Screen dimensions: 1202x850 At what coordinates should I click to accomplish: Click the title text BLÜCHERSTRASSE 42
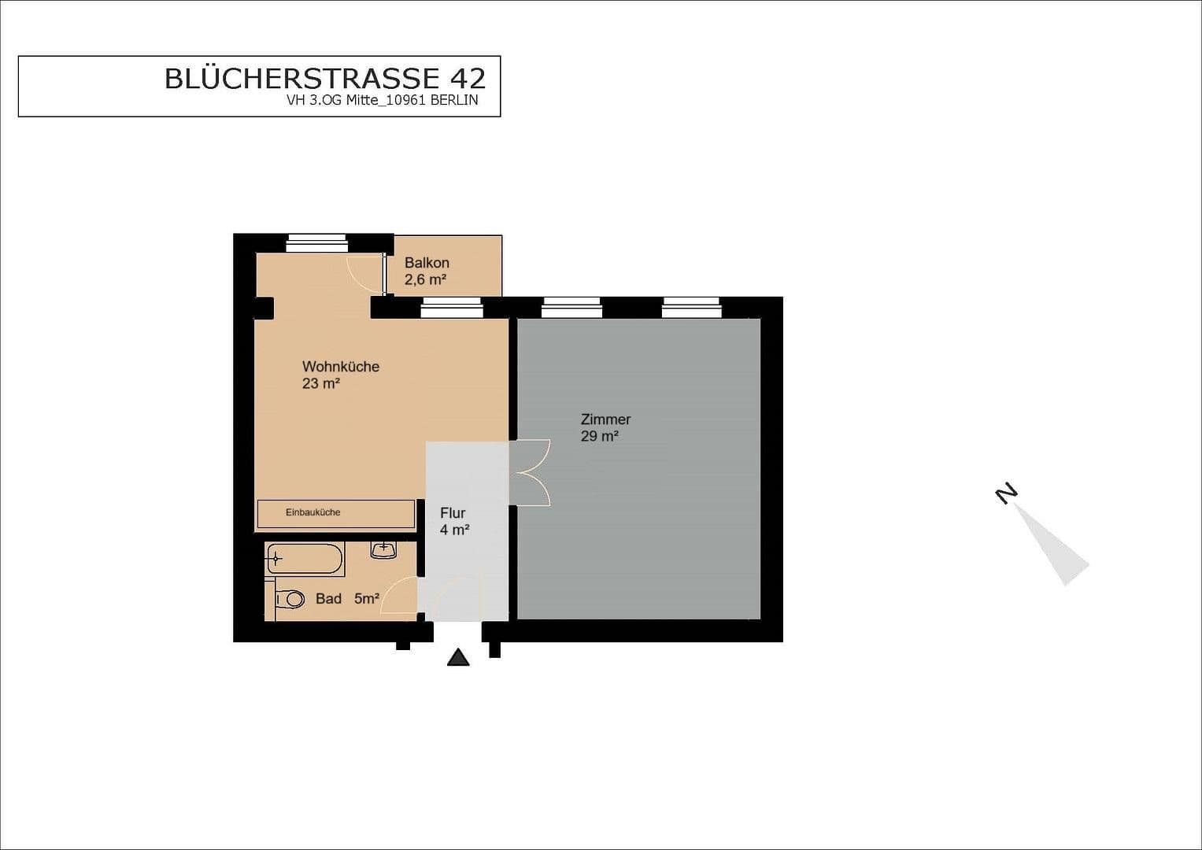[x=325, y=79]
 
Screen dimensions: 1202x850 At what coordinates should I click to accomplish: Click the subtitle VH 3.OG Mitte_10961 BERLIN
[x=382, y=101]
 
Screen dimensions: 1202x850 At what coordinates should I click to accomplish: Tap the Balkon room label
[x=427, y=263]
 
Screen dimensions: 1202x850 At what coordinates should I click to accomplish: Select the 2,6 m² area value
[x=426, y=279]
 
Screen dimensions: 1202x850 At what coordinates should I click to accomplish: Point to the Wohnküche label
[x=341, y=367]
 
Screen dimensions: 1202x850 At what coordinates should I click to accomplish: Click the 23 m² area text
[x=321, y=384]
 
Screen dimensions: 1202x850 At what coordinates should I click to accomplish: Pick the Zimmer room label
[x=605, y=419]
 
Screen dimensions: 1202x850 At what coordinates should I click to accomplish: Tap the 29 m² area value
[x=599, y=436]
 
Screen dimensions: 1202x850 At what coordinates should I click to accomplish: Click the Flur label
[x=453, y=513]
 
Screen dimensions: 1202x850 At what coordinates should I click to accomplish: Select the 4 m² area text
[x=454, y=530]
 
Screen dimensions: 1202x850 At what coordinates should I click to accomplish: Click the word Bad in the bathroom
[x=328, y=599]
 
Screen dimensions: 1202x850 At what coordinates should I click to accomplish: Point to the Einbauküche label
[x=313, y=512]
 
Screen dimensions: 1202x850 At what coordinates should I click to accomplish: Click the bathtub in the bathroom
[x=305, y=559]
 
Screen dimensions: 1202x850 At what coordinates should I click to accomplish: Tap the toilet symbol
[x=290, y=599]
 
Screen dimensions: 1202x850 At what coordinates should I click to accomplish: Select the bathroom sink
[x=383, y=550]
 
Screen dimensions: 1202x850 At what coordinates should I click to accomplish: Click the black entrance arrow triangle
[x=458, y=657]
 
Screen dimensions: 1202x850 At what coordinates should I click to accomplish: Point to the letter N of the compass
[x=1006, y=493]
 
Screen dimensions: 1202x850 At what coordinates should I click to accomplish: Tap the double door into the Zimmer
[x=531, y=473]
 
